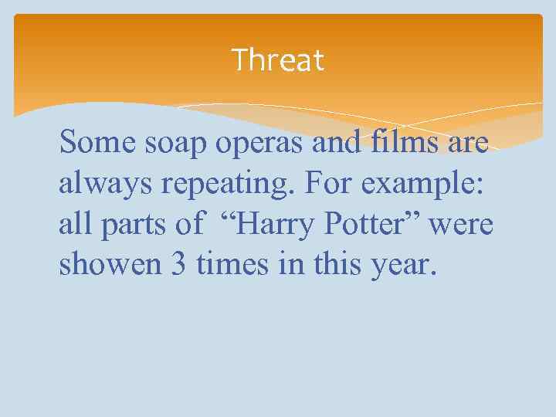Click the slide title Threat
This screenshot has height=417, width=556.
point(278,59)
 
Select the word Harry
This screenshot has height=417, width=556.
point(270,226)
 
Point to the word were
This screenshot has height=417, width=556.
point(462,225)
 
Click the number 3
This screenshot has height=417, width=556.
point(180,265)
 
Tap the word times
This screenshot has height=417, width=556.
point(230,265)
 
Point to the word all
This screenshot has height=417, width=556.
point(72,225)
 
